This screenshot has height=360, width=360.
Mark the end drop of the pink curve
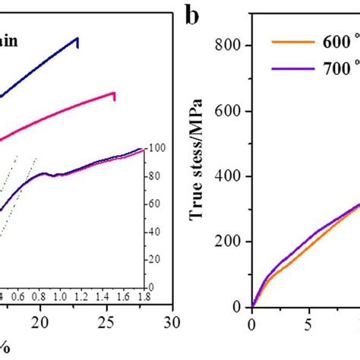point(115,96)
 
